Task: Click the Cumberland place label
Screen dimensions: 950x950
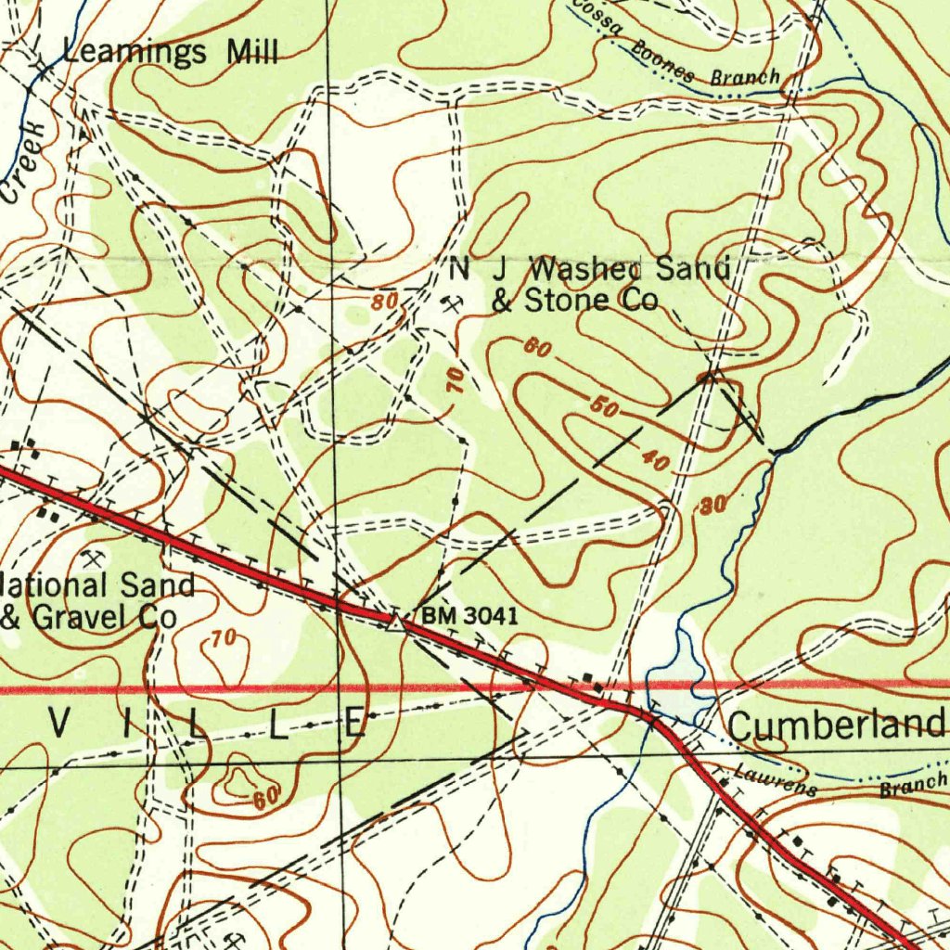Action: (837, 725)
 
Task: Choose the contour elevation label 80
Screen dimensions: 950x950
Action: (385, 302)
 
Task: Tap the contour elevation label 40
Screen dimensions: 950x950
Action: (655, 459)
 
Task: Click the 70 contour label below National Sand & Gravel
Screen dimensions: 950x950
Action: (222, 638)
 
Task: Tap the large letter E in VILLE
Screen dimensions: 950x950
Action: (356, 722)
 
